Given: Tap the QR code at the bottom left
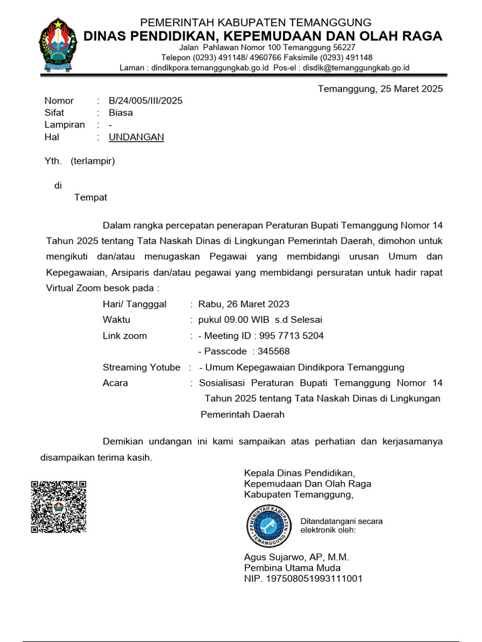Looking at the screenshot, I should pyautogui.click(x=58, y=506).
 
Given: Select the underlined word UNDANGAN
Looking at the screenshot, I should pyautogui.click(x=136, y=137).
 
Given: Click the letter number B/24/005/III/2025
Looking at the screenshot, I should pyautogui.click(x=146, y=100).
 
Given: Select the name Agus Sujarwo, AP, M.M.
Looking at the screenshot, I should pyautogui.click(x=296, y=557).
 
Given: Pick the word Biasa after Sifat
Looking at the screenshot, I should pyautogui.click(x=120, y=113).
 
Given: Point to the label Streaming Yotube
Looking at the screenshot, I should pyautogui.click(x=141, y=367).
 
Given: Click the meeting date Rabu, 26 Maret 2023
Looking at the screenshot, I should pyautogui.click(x=244, y=304).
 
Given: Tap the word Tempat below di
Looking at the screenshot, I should pyautogui.click(x=90, y=197).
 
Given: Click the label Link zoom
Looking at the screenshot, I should pyautogui.click(x=125, y=335).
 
